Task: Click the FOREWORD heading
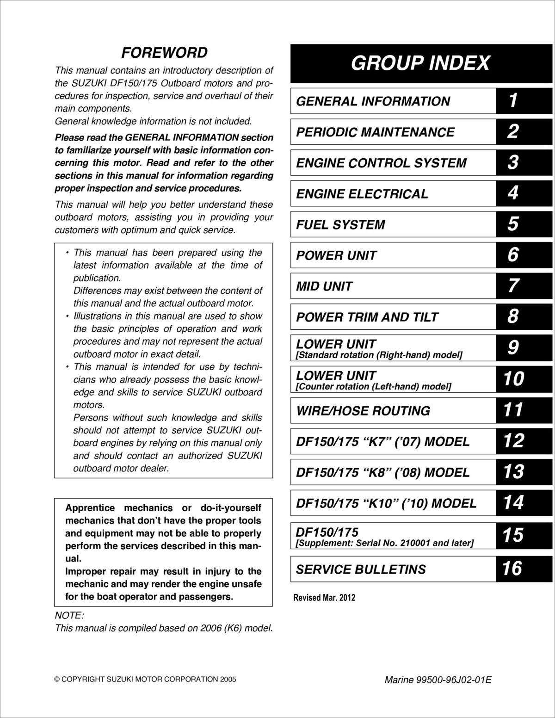(164, 53)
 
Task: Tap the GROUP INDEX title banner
(420, 63)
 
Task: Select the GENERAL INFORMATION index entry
(373, 101)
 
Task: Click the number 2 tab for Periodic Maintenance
(513, 131)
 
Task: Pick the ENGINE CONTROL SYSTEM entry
(381, 163)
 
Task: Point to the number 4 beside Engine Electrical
(513, 193)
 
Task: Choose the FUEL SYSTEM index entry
(340, 225)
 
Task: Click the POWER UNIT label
(336, 255)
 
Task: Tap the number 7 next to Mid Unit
(513, 286)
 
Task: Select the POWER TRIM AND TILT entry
(367, 317)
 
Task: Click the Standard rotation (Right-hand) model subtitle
(379, 355)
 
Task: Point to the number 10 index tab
(513, 379)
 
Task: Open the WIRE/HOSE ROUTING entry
(363, 411)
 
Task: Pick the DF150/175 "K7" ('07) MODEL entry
(382, 441)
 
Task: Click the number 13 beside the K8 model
(513, 472)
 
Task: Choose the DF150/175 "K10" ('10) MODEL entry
(386, 503)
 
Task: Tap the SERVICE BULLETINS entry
(361, 569)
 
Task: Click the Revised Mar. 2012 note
(324, 598)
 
